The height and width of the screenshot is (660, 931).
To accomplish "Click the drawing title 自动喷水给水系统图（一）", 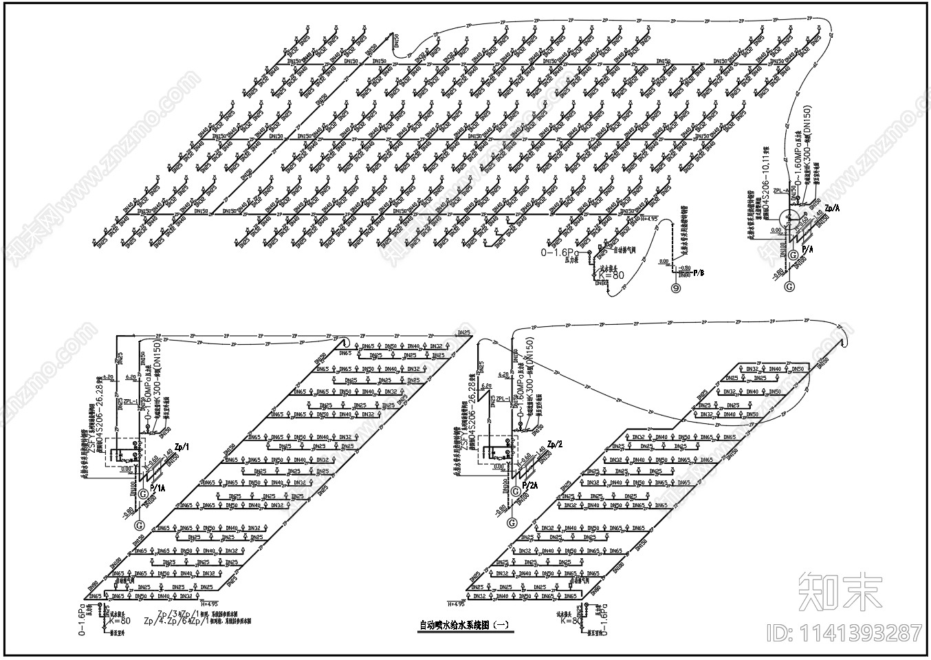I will [465, 626].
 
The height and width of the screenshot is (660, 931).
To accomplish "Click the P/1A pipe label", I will [157, 488].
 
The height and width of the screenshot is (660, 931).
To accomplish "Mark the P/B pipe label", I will [699, 273].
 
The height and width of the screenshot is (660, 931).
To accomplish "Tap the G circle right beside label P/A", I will [793, 256].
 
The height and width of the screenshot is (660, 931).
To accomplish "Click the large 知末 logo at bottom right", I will [842, 591].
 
